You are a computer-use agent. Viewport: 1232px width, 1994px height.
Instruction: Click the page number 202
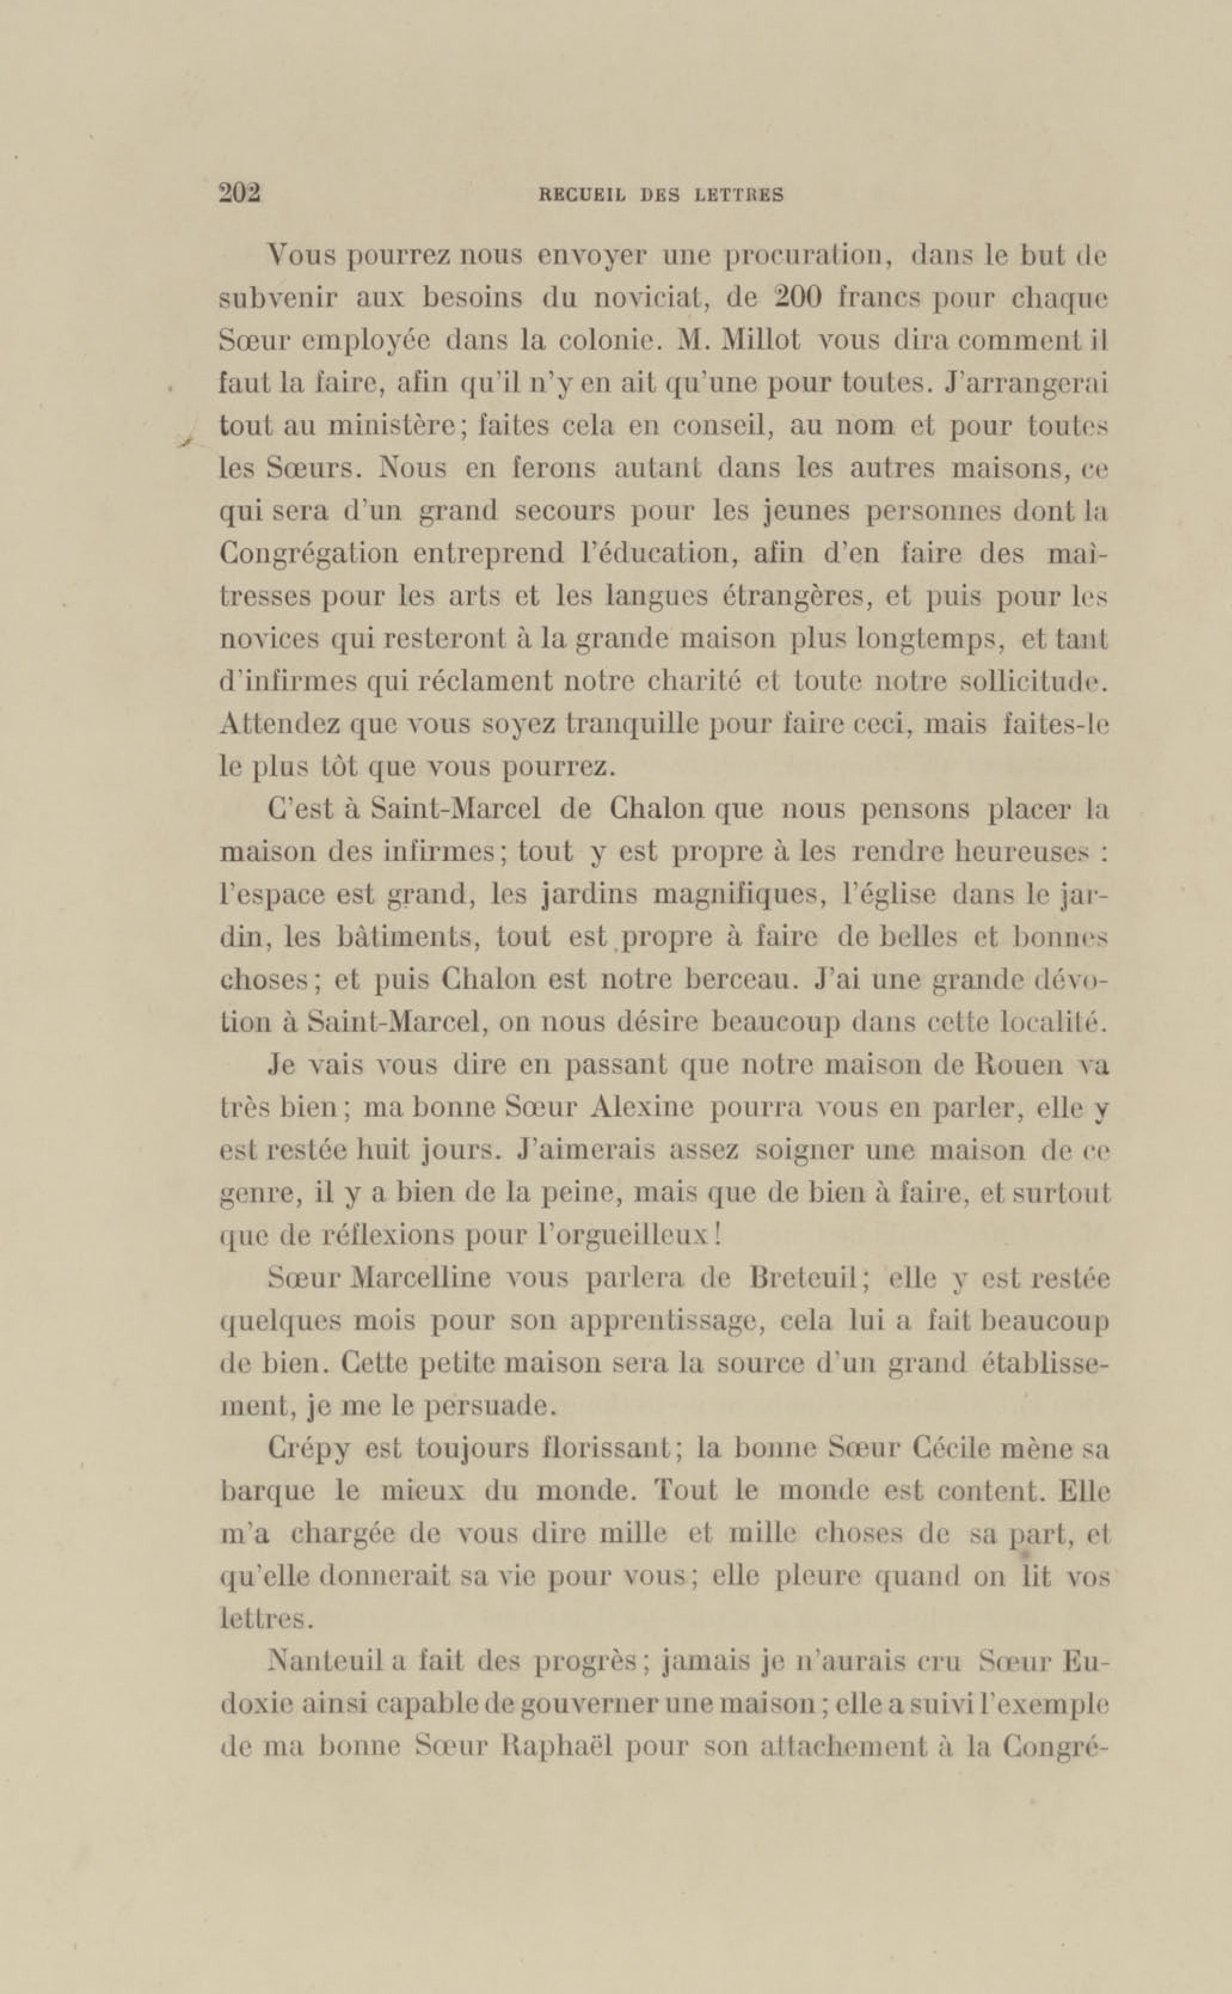point(239,194)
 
